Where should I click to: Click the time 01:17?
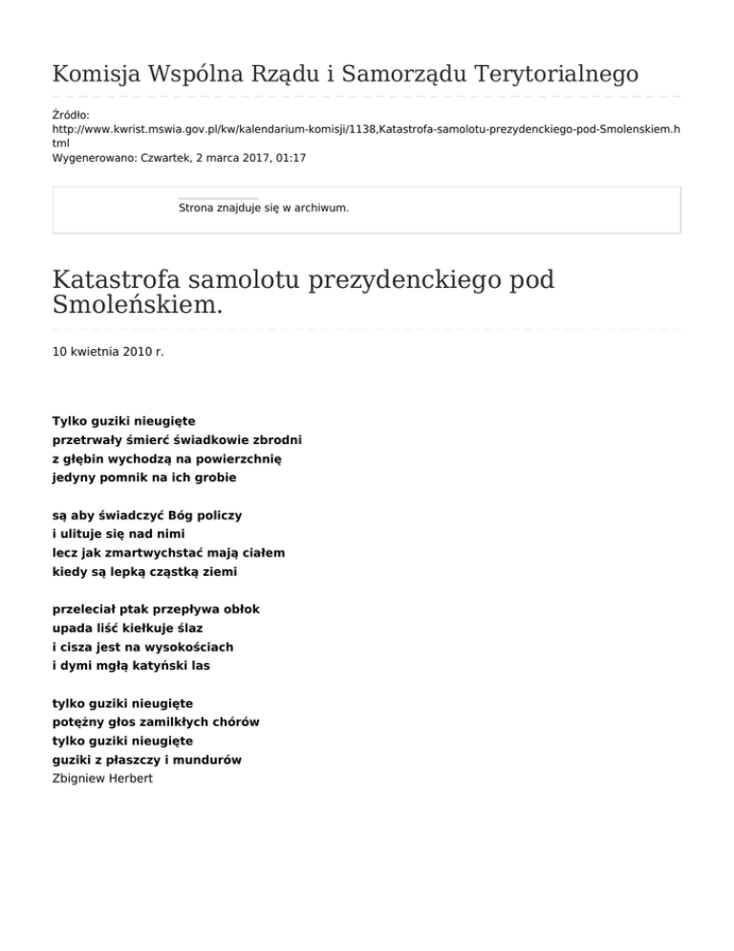point(289,157)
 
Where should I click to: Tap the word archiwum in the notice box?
point(320,207)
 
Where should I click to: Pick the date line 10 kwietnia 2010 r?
point(108,352)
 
